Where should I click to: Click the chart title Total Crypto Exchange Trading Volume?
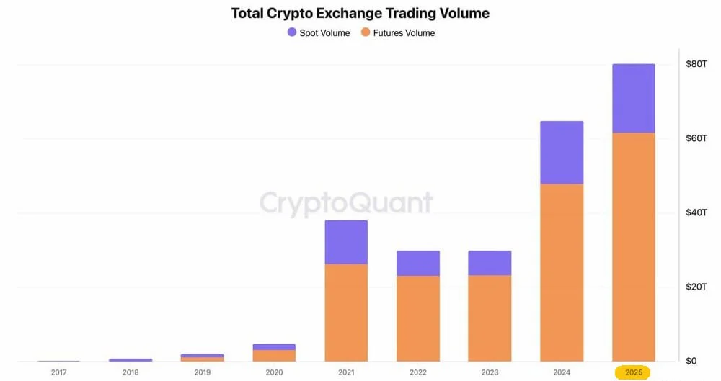[360, 13]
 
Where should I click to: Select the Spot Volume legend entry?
[318, 32]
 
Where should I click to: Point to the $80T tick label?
[696, 64]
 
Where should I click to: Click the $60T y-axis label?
[696, 138]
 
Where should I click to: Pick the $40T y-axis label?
[696, 212]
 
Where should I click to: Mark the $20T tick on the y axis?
[696, 287]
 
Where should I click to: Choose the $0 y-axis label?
[691, 361]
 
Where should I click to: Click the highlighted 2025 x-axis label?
[632, 372]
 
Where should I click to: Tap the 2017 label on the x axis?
[58, 372]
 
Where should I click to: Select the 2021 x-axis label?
[345, 372]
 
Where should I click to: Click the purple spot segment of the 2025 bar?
[633, 98]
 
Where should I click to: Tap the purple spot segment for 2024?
[562, 153]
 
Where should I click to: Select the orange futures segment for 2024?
[562, 272]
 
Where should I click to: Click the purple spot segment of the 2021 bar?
[346, 242]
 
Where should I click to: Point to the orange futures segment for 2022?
[417, 318]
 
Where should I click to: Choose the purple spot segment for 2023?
[490, 263]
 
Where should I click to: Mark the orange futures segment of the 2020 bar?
[274, 355]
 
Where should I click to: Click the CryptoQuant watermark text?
[346, 202]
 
